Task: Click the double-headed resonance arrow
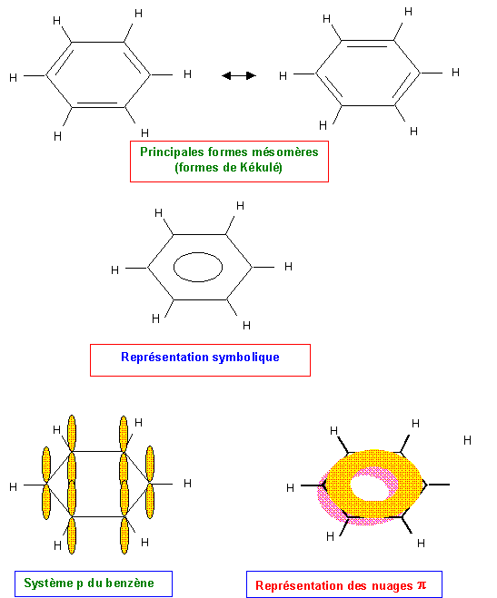(239, 75)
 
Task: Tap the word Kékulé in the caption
(261, 168)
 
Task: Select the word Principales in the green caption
(172, 152)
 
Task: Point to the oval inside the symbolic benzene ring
(198, 253)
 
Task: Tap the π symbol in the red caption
(422, 584)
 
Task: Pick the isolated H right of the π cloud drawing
(467, 440)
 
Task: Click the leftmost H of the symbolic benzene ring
(114, 270)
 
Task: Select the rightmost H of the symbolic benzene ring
(289, 267)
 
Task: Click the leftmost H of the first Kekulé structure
(14, 78)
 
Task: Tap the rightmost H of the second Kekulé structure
(455, 73)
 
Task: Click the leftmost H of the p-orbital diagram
(14, 487)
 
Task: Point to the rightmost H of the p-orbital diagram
(187, 484)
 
